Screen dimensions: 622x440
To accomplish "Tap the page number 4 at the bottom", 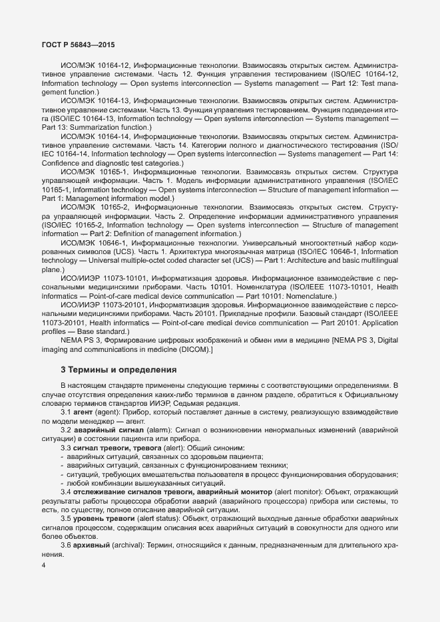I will pos(43,566).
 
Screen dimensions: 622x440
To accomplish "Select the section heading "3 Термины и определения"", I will pos(118,369).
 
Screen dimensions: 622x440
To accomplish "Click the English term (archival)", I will pos(129,544).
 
